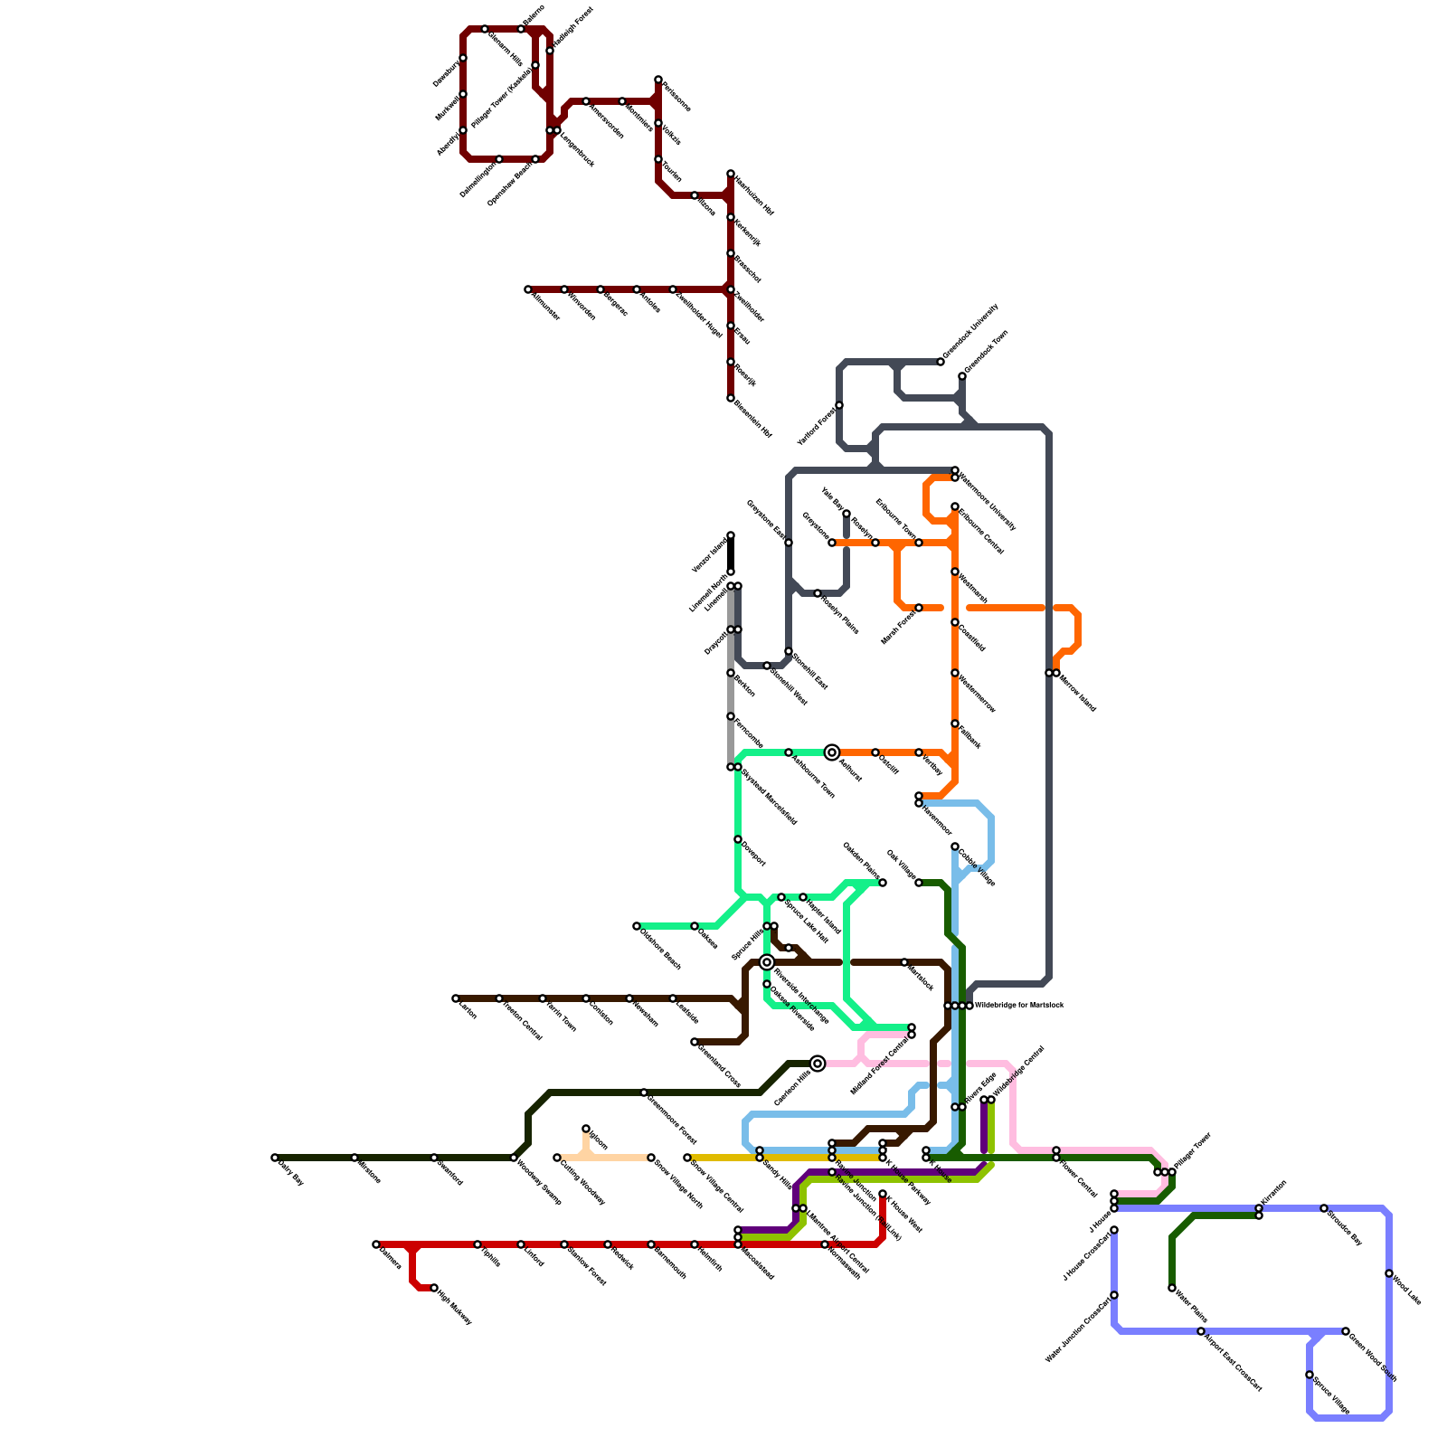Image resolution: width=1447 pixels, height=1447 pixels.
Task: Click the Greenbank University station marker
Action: pyautogui.click(x=941, y=362)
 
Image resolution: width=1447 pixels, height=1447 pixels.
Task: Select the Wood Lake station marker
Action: pyautogui.click(x=1389, y=1273)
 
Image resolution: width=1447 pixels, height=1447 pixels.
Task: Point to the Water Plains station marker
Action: pyautogui.click(x=1172, y=1288)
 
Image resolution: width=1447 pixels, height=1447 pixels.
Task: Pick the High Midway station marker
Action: pyautogui.click(x=434, y=1288)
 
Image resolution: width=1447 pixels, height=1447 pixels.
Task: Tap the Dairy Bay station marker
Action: pyautogui.click(x=275, y=1158)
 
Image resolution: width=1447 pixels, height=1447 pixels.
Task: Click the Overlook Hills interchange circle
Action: pyautogui.click(x=818, y=1064)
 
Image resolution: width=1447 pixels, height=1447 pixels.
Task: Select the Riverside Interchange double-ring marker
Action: pyautogui.click(x=767, y=962)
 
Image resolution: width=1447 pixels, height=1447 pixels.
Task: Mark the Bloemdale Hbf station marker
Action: pyautogui.click(x=731, y=398)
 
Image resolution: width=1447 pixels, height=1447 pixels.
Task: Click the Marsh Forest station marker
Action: pyautogui.click(x=919, y=608)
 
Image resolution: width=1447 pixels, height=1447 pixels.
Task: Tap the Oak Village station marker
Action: pyautogui.click(x=919, y=883)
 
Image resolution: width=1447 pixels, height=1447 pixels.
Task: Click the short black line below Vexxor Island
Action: pyautogui.click(x=731, y=553)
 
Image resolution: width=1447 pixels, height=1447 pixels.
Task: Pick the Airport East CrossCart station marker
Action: pyautogui.click(x=1201, y=1331)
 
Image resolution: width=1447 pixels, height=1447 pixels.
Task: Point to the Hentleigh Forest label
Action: pyautogui.click(x=572, y=27)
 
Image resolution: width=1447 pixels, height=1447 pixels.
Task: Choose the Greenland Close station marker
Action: pyautogui.click(x=695, y=1042)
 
